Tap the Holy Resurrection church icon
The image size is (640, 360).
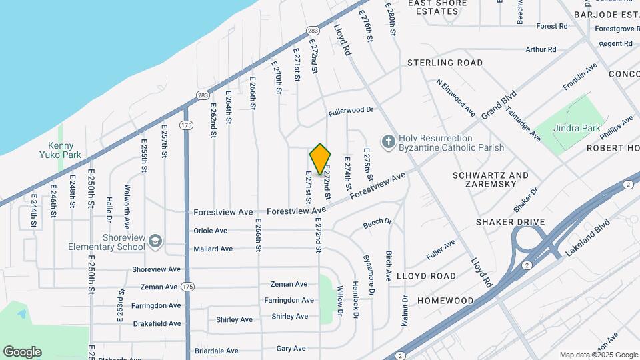coord(387,142)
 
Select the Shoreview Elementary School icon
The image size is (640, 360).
coord(155,241)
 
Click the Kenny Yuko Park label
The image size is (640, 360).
coord(64,150)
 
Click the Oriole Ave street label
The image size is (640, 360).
coord(210,231)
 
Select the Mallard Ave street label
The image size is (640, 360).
coord(213,249)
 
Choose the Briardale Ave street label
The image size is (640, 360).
coord(216,351)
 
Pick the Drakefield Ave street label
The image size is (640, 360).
coord(156,323)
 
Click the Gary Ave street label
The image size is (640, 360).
coord(291,348)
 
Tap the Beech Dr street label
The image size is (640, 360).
coord(377,223)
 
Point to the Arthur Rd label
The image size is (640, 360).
coord(541,49)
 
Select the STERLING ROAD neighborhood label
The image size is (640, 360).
coord(445,63)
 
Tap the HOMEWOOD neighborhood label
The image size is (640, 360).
coord(445,301)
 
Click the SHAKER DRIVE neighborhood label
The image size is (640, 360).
coord(511,222)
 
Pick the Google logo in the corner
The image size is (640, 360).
coord(22,352)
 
